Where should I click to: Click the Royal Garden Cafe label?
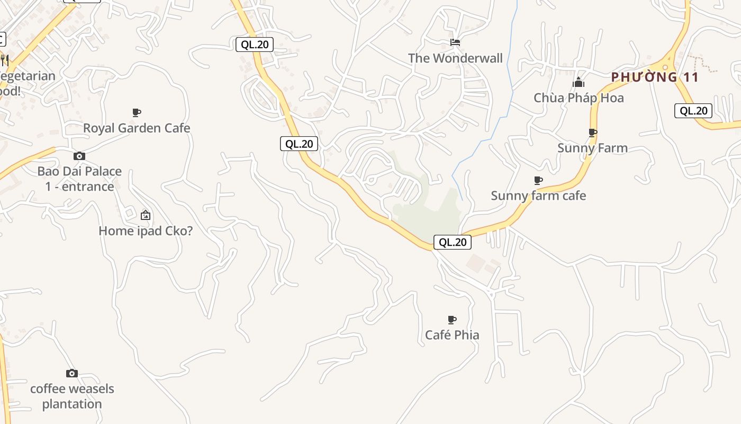(137, 128)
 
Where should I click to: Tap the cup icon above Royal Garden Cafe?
(137, 112)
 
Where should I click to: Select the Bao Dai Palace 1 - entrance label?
(79, 179)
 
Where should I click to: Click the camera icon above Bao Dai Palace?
(79, 156)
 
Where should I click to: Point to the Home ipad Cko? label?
(146, 231)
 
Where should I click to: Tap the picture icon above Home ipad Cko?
(146, 215)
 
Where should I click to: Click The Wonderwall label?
(455, 58)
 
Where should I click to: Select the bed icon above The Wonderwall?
(455, 42)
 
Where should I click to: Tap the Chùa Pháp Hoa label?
(579, 98)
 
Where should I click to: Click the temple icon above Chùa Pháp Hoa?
(579, 82)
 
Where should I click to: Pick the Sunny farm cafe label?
(538, 196)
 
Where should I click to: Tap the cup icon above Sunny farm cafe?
(538, 180)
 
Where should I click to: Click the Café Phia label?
(452, 335)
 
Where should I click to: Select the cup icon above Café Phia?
(452, 320)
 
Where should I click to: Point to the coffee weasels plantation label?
(72, 396)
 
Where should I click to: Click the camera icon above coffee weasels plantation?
(72, 374)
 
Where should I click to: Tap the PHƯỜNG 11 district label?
(655, 77)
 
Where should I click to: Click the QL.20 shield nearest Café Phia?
(453, 242)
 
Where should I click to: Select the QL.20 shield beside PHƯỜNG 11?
(693, 111)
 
